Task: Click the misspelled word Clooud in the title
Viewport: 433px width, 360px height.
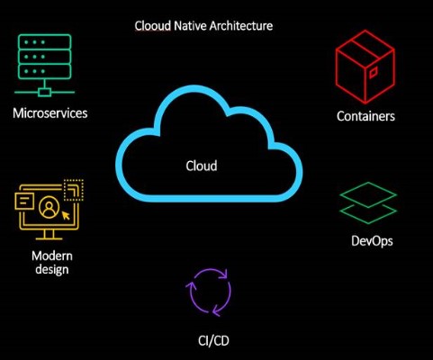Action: (x=153, y=26)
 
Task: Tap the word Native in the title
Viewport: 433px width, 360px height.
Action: (x=190, y=26)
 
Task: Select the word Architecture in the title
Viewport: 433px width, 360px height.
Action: (x=241, y=26)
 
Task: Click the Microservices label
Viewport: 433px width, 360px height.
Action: (x=50, y=113)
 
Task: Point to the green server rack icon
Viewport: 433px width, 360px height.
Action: (x=44, y=65)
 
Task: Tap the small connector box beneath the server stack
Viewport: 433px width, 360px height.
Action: (x=45, y=92)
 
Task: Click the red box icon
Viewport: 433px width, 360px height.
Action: (x=365, y=67)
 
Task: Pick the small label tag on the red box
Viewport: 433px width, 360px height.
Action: (x=373, y=72)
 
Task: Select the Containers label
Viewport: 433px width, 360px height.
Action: (x=365, y=116)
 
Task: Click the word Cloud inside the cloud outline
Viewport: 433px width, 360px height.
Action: (x=202, y=166)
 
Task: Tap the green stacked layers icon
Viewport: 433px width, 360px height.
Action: (x=368, y=202)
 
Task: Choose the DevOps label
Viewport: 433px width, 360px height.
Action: (x=372, y=241)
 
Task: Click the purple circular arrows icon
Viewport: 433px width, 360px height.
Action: (x=208, y=292)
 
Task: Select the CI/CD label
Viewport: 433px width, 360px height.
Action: (x=213, y=340)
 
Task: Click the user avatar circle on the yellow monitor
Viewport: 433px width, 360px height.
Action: (x=49, y=207)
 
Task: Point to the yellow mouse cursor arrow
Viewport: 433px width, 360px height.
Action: (x=66, y=215)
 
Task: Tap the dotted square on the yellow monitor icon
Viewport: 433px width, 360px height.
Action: (x=74, y=190)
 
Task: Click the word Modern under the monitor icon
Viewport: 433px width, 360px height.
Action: (x=52, y=256)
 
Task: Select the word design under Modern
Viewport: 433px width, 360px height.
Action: (x=52, y=269)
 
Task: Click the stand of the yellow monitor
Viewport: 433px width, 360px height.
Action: (x=49, y=235)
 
